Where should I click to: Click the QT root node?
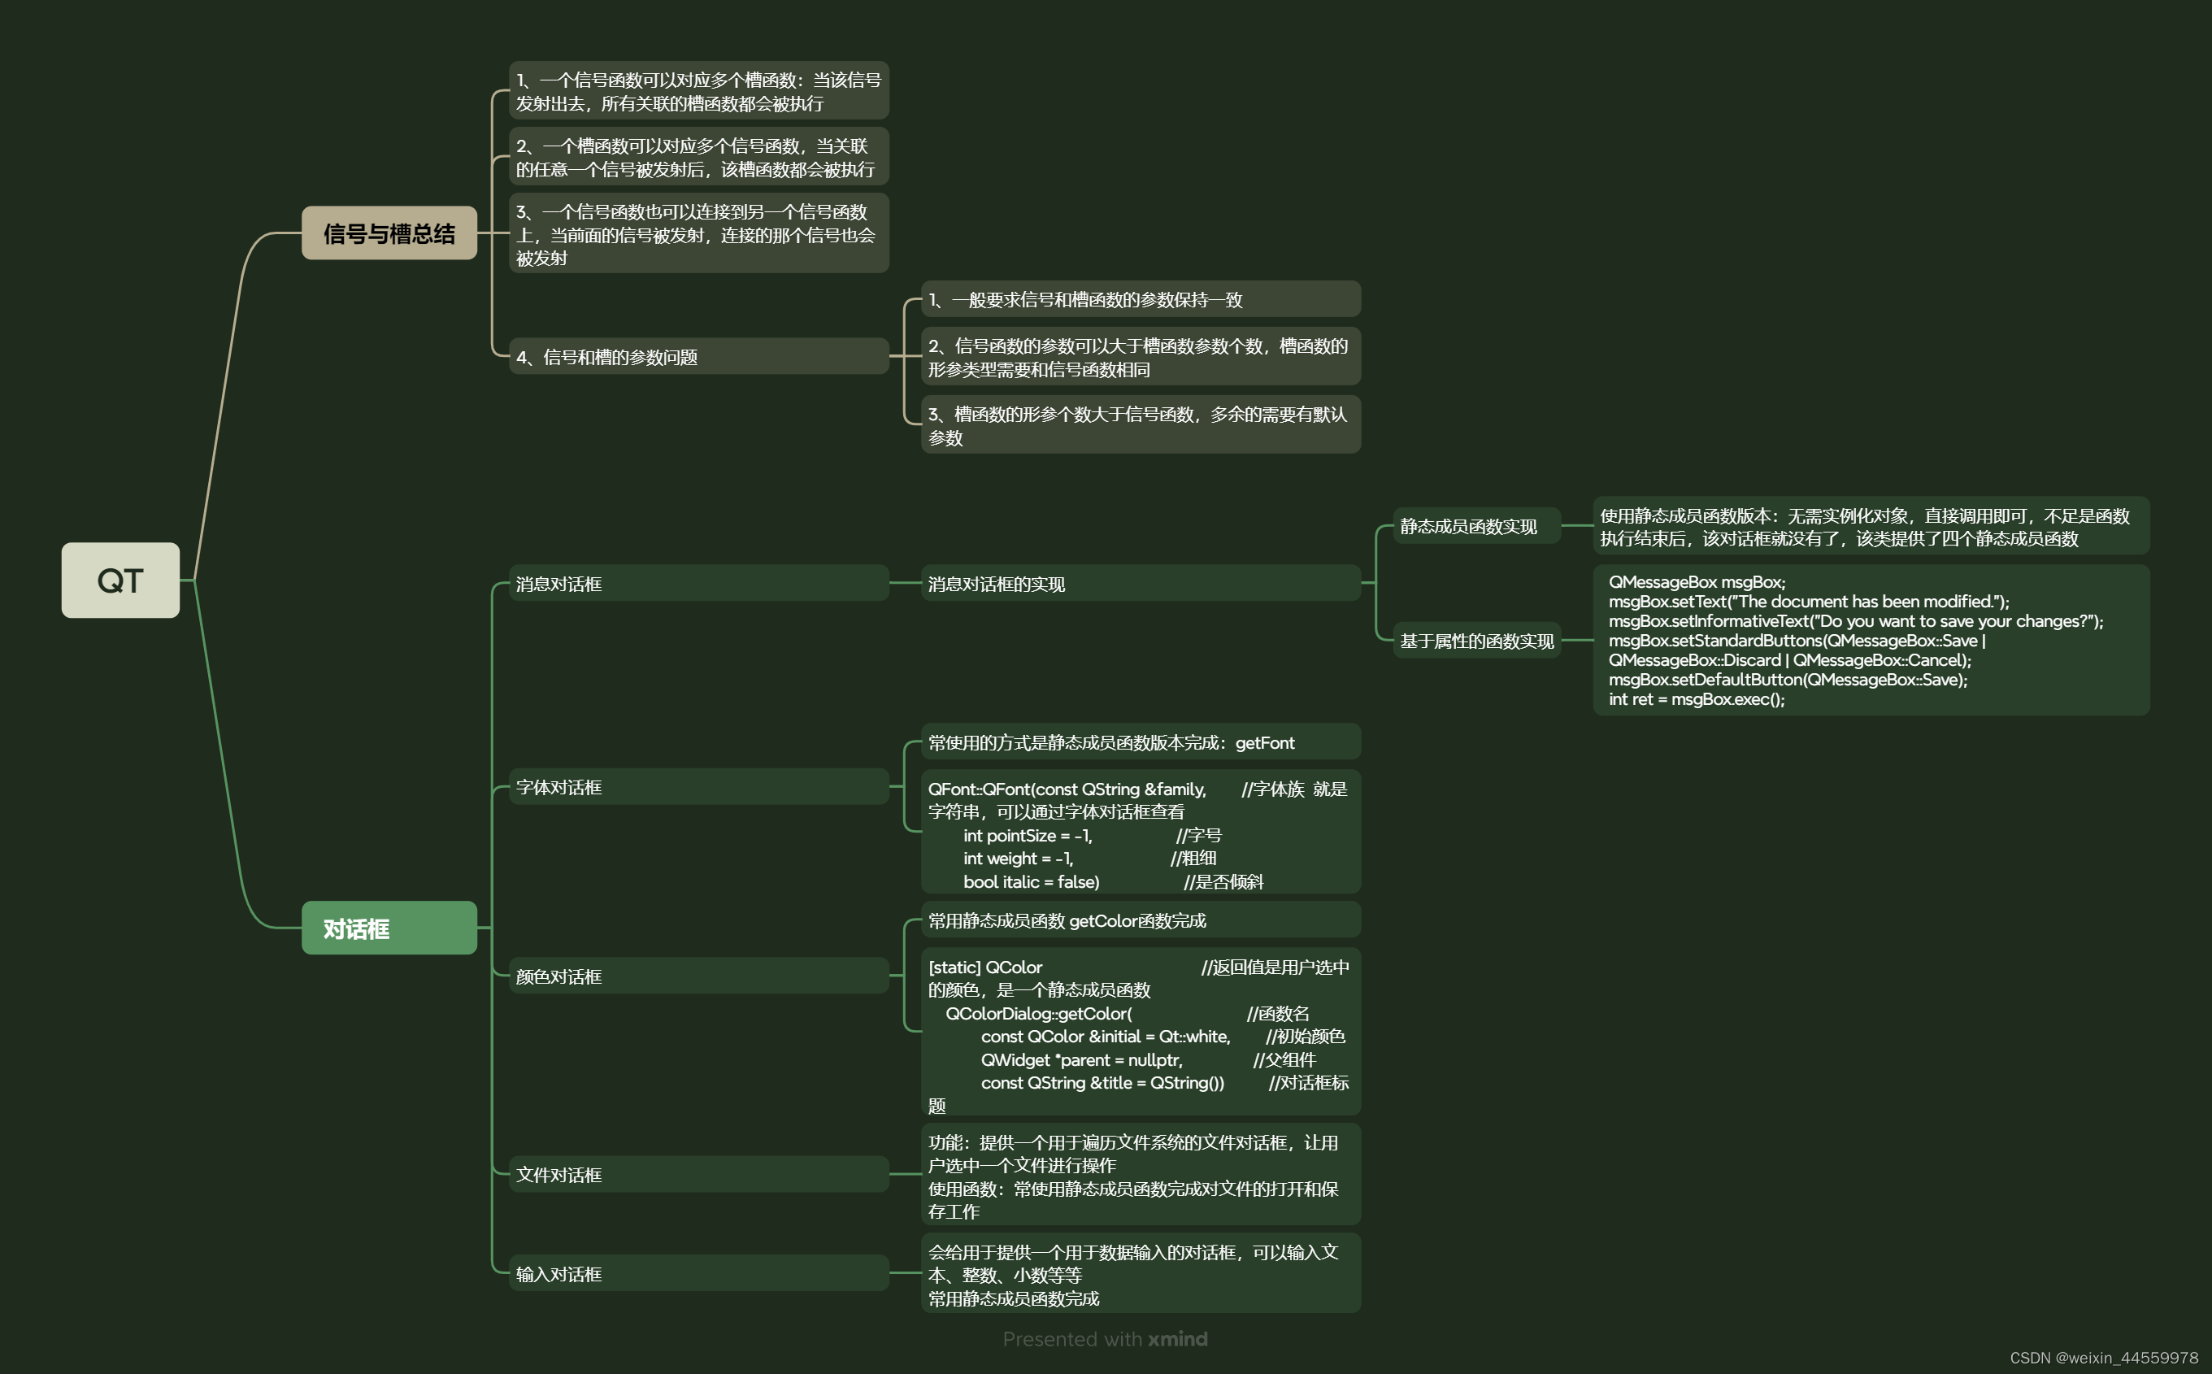tap(120, 580)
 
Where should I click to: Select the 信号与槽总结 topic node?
tap(389, 233)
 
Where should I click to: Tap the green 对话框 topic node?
tap(389, 928)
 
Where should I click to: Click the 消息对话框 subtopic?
tap(558, 584)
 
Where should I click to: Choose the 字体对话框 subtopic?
tap(558, 787)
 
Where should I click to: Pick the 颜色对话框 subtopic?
tap(558, 976)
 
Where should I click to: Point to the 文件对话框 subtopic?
tap(558, 1174)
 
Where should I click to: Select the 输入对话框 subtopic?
tap(558, 1274)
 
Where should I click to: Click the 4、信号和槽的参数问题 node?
tap(606, 357)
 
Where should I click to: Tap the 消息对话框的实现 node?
tap(997, 584)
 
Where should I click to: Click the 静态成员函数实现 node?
tap(1468, 526)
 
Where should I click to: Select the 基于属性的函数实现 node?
tap(1476, 641)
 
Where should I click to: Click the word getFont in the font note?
tap(1264, 742)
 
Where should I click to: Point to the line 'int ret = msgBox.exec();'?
tap(1696, 699)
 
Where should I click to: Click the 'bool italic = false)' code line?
tap(1031, 881)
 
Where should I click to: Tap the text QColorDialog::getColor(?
tap(1038, 1013)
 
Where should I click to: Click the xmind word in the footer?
tap(1177, 1338)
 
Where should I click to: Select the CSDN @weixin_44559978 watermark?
tap(2103, 1358)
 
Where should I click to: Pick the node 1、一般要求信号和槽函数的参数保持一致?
tap(1085, 300)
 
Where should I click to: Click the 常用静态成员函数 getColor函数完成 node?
tap(1067, 920)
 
